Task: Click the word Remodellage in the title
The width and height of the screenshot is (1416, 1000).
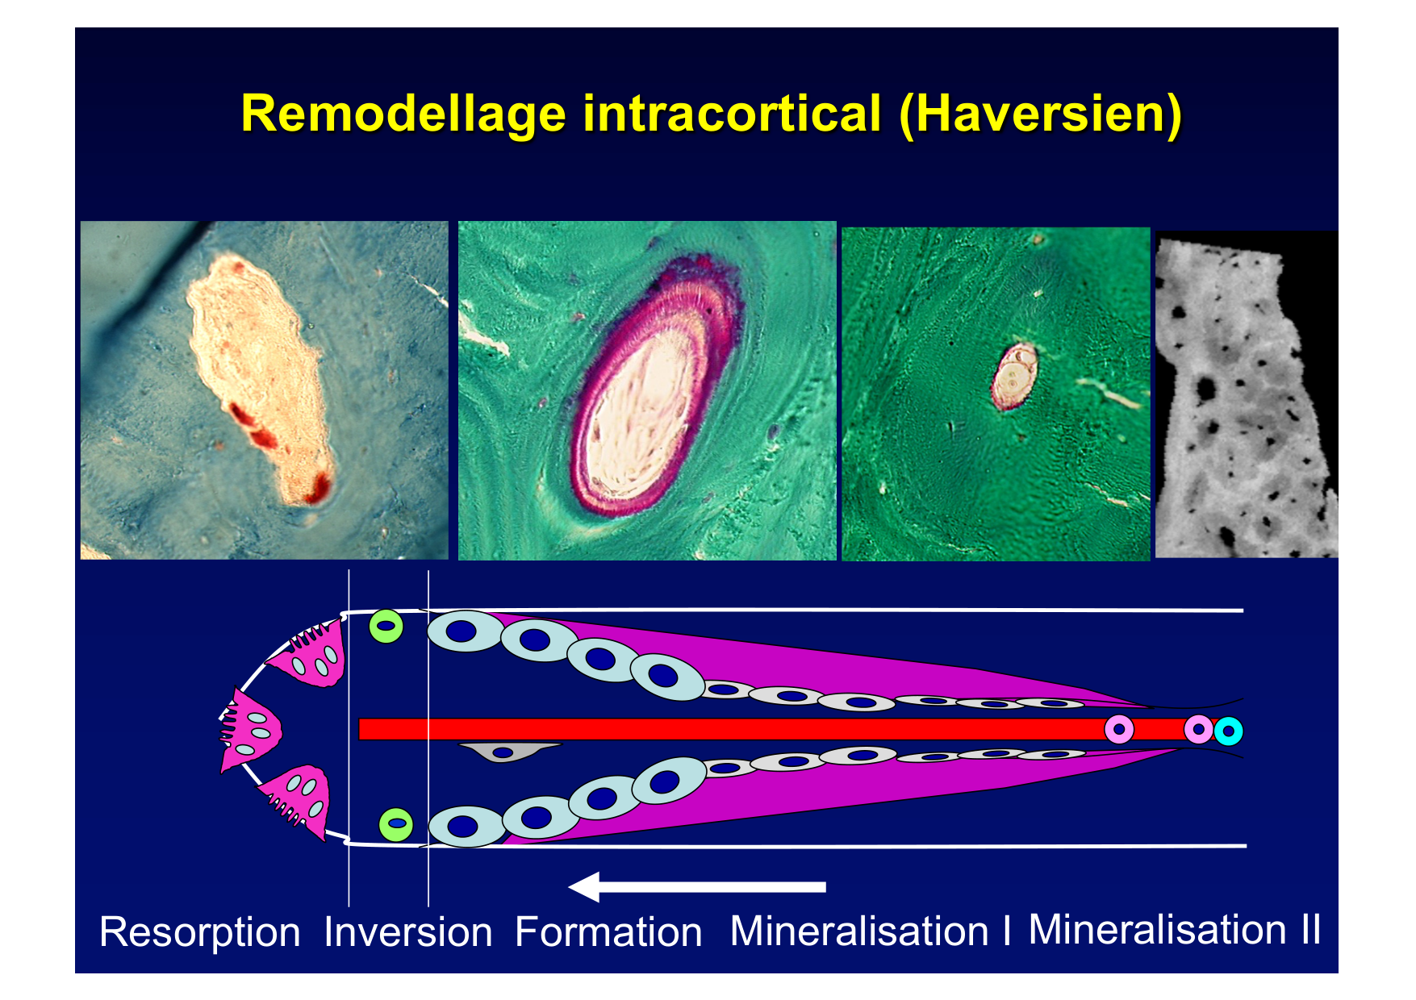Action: pyautogui.click(x=403, y=114)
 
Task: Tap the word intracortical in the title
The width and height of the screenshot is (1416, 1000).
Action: pyautogui.click(x=732, y=114)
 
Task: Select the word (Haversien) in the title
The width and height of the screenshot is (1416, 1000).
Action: pyautogui.click(x=1040, y=115)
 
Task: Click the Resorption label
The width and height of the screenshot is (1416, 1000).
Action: pyautogui.click(x=199, y=933)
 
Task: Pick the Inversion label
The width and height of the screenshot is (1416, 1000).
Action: pyautogui.click(x=408, y=932)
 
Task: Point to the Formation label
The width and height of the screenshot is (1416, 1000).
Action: pyautogui.click(x=608, y=932)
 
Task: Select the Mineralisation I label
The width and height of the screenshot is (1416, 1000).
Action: pyautogui.click(x=871, y=931)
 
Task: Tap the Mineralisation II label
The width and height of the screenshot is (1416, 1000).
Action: pyautogui.click(x=1175, y=930)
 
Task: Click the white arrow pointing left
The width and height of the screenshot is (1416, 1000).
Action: pyautogui.click(x=697, y=886)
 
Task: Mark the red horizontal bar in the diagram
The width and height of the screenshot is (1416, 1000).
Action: pyautogui.click(x=787, y=729)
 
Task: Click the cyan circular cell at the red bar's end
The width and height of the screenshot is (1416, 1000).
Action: pyautogui.click(x=1228, y=731)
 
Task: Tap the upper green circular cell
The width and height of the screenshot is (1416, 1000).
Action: pyautogui.click(x=386, y=626)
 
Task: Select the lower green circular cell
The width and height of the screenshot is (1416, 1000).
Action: pyautogui.click(x=396, y=824)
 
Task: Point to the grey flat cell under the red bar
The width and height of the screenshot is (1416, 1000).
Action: pyautogui.click(x=506, y=752)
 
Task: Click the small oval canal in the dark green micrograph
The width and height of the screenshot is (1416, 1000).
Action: pyautogui.click(x=1013, y=376)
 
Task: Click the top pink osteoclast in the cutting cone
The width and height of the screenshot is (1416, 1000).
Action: pyautogui.click(x=311, y=654)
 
